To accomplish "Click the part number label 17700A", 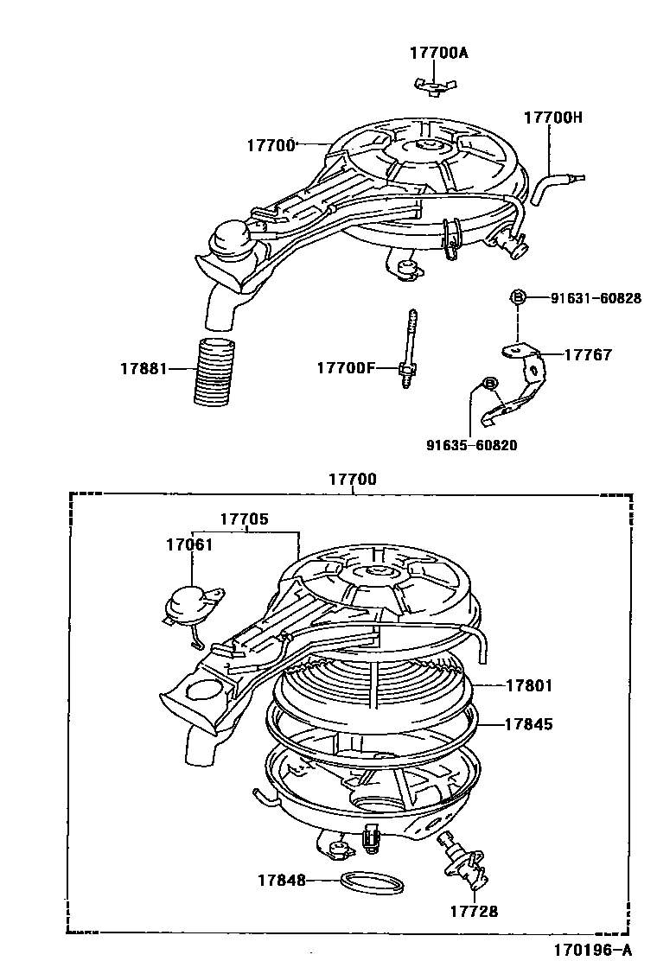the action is [438, 53].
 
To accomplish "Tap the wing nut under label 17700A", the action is [435, 86].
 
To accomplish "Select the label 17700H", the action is [552, 117].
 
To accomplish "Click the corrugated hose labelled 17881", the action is [214, 371].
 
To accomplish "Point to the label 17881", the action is [144, 369].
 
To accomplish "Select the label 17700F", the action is [345, 368].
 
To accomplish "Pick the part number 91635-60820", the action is [471, 445].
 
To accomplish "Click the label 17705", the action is [244, 519].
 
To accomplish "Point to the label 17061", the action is [189, 544].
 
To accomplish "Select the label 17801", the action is [529, 686].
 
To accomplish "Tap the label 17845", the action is [528, 724].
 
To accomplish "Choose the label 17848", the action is [281, 881].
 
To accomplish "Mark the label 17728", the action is [474, 912].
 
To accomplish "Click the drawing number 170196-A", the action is [593, 950].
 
